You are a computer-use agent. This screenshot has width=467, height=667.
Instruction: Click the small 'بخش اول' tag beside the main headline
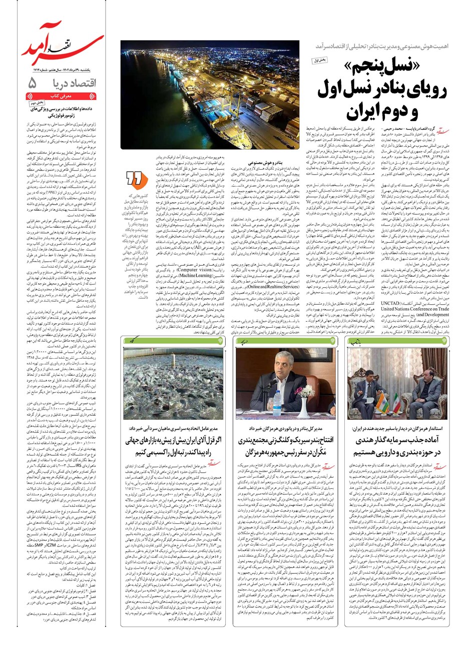pos(319,61)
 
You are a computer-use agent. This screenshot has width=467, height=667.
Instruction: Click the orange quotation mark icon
pos(135,179)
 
